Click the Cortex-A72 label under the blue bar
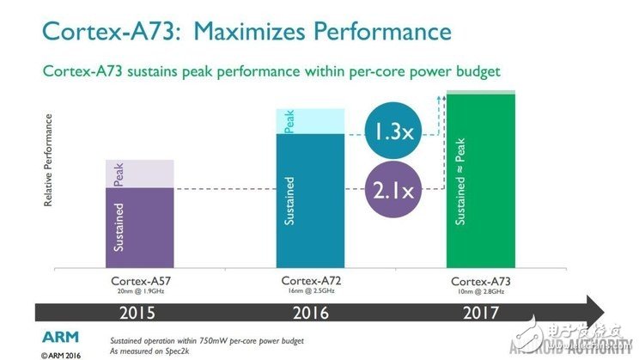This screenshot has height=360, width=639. [x=310, y=281]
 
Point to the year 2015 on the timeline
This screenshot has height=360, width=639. [x=138, y=313]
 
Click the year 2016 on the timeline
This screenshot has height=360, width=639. [x=310, y=313]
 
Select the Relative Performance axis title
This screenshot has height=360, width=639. [x=49, y=162]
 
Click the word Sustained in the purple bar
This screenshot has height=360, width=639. [x=119, y=227]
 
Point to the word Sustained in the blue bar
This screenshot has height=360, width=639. [x=290, y=201]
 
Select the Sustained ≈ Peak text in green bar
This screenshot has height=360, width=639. [x=461, y=180]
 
